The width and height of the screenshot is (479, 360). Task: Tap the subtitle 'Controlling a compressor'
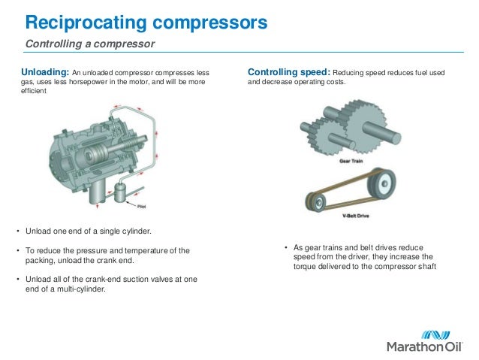click(x=90, y=44)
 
